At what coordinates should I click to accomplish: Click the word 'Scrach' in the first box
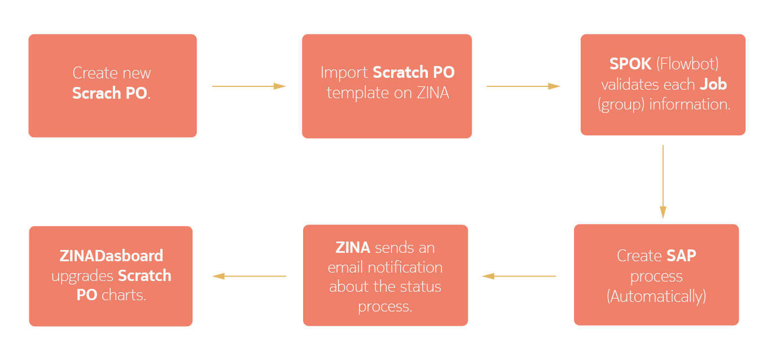[97, 93]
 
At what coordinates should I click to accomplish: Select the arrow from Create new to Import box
[249, 86]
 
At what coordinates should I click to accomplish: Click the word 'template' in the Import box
[357, 93]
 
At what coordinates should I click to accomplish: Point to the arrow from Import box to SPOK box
[523, 86]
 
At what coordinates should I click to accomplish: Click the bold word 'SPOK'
[630, 64]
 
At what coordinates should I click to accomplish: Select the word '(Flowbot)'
[687, 64]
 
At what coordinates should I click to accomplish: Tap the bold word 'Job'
[713, 84]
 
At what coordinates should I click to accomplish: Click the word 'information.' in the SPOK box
[690, 104]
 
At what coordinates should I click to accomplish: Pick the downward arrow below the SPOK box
[663, 181]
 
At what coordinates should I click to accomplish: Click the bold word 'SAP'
[681, 256]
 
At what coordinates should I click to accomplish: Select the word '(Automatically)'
[656, 296]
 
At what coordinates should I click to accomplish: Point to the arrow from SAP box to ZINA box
[519, 276]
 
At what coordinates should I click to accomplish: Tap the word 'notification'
[405, 267]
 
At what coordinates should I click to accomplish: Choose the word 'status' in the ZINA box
[423, 287]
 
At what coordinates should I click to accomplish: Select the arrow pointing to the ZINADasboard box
[249, 276]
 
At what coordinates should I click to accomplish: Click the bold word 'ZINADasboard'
[111, 256]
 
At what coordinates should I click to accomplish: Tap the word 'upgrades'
[82, 276]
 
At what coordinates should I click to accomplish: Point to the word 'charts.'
[124, 295]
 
